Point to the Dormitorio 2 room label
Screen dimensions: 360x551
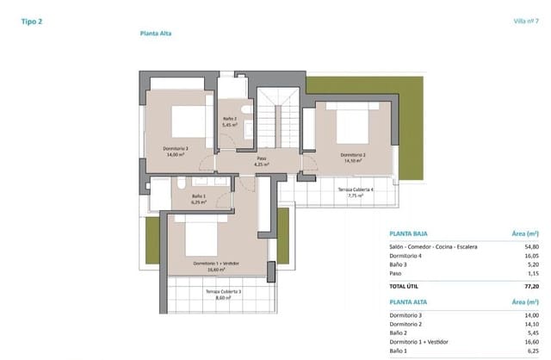[351, 158]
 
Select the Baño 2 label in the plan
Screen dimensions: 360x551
[230, 121]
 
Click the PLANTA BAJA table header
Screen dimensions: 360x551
[410, 233]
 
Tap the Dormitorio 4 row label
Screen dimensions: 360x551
[408, 256]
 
